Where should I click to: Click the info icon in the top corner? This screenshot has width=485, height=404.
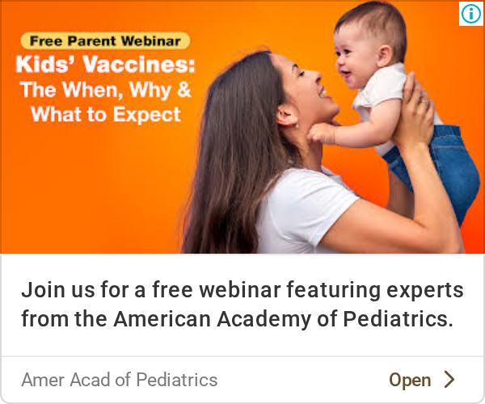click(471, 14)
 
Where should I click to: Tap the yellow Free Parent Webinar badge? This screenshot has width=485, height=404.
click(105, 40)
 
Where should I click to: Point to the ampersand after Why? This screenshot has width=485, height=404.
click(184, 90)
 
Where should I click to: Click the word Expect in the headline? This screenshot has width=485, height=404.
click(146, 116)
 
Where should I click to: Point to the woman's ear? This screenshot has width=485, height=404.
click(287, 115)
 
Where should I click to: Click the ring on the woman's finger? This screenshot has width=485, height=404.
click(425, 102)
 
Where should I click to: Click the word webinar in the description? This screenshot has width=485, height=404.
click(240, 289)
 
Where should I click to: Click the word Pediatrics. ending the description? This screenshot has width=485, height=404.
click(398, 318)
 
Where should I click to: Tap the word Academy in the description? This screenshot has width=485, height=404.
click(264, 319)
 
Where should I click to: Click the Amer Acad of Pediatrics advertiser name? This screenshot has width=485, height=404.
click(120, 380)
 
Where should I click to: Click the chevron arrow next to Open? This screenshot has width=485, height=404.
click(449, 379)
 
